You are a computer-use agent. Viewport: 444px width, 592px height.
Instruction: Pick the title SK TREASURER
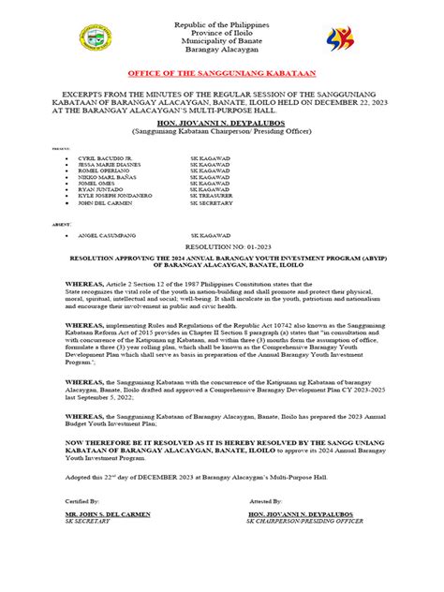pyautogui.click(x=215, y=195)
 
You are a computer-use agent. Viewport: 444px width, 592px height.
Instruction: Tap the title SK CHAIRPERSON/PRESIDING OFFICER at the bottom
pyautogui.click(x=304, y=547)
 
